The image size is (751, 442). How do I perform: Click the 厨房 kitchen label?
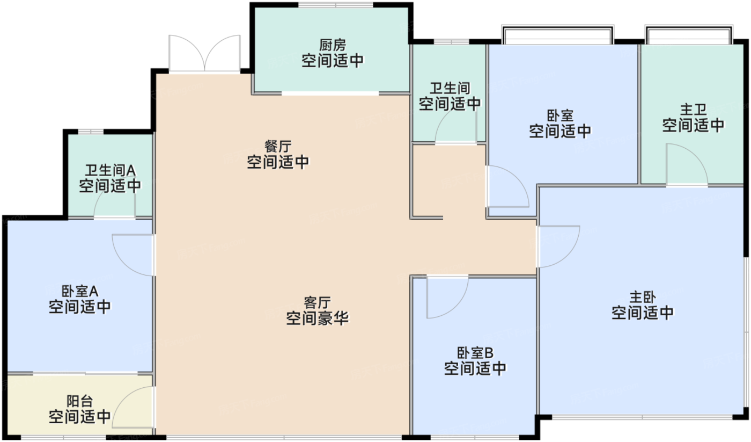[x=333, y=44]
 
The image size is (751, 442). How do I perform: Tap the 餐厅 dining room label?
[x=278, y=146]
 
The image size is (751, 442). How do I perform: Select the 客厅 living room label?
[x=317, y=302]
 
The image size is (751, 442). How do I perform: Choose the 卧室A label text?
[x=80, y=292]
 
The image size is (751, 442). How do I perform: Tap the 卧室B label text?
[x=475, y=353]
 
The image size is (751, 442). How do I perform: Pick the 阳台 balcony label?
[x=80, y=401]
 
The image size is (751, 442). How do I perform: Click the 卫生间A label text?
[x=110, y=170]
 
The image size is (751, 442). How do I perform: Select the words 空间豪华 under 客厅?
[x=317, y=318]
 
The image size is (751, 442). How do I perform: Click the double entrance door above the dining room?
[x=204, y=54]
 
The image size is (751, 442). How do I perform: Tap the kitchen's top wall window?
[x=336, y=5]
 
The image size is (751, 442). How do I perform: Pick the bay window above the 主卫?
[x=688, y=34]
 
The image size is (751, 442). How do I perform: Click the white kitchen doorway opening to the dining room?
[x=330, y=93]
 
